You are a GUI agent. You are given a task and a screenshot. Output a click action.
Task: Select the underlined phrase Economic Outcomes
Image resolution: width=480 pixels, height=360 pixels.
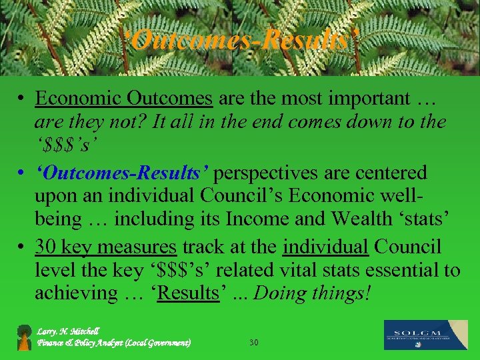(x=124, y=99)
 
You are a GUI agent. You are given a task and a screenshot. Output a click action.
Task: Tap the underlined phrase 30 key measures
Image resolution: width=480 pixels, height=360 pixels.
(x=106, y=247)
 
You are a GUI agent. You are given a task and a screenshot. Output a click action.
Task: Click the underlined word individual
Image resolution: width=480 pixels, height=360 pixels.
(x=326, y=247)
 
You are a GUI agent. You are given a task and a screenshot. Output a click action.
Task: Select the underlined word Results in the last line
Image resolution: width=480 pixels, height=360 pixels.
(x=188, y=293)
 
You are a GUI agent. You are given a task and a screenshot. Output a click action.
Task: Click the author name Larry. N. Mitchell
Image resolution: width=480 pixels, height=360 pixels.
(x=69, y=331)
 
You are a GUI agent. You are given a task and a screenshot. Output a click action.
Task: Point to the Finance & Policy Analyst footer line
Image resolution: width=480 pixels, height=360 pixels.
(x=114, y=343)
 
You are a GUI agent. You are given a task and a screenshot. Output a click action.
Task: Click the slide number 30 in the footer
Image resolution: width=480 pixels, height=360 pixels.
(x=253, y=343)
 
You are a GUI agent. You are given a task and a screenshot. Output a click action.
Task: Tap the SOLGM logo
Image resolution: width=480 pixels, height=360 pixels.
(x=426, y=335)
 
